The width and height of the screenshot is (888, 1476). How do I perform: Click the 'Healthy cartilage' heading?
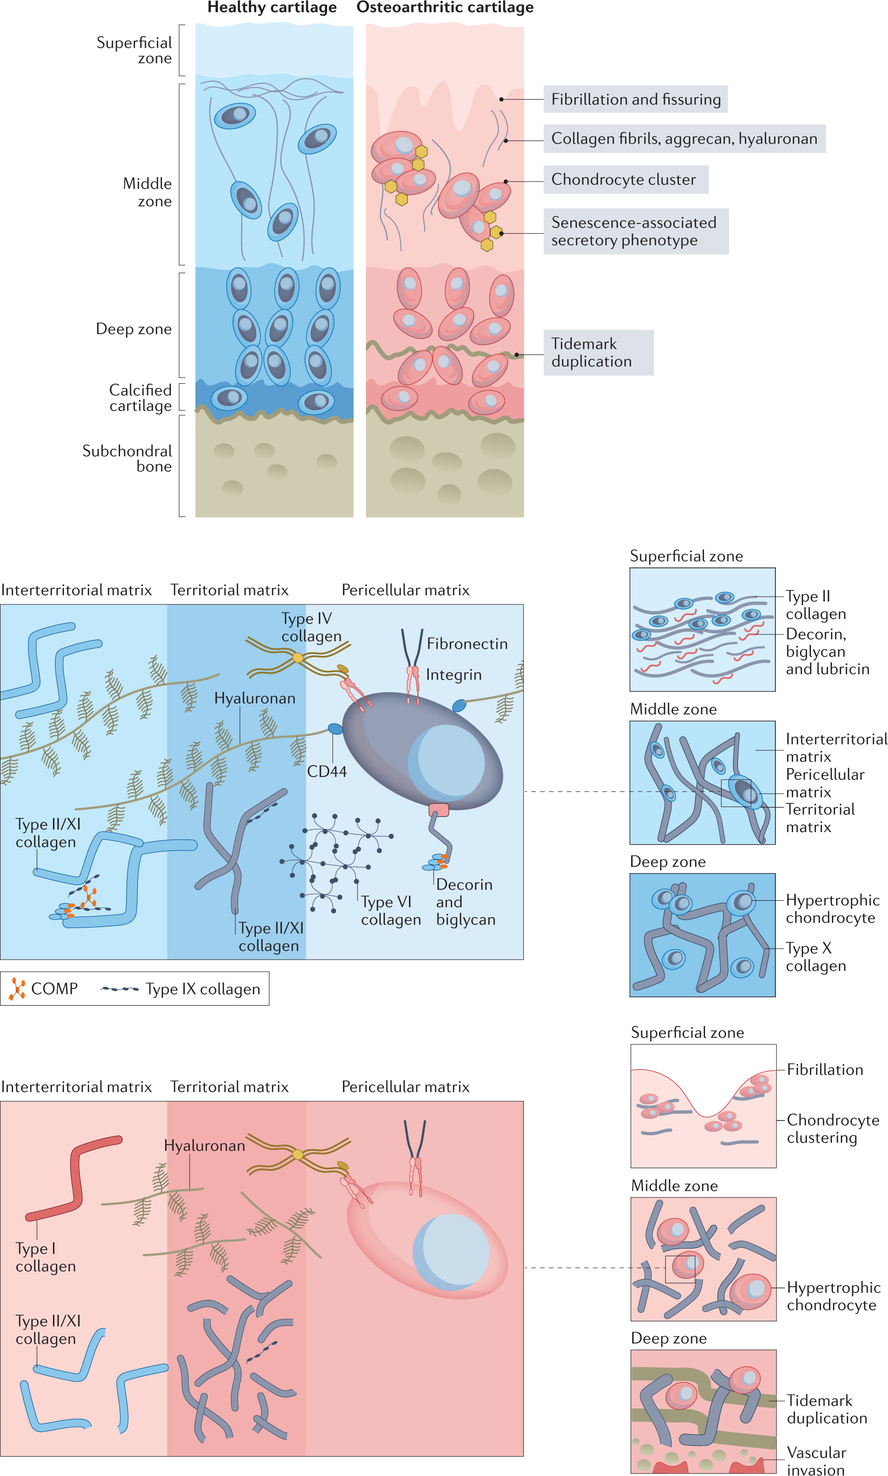272,8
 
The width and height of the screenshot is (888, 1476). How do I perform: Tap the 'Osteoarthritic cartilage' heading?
445,8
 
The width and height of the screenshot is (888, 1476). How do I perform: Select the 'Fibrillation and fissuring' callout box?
635,99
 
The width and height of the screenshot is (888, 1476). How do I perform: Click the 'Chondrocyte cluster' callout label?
625,179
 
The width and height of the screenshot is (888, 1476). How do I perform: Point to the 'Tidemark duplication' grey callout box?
598,352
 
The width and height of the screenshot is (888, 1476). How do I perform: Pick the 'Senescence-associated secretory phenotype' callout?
635,231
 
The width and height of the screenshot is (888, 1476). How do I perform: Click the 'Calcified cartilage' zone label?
140,398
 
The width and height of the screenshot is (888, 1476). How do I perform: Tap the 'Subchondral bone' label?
127,458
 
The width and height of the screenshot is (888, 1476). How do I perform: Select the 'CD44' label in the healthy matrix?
327,771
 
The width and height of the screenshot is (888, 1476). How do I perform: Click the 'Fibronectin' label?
467,644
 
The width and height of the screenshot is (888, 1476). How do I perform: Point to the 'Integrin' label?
453,675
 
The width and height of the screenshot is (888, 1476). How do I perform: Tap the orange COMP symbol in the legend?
17,989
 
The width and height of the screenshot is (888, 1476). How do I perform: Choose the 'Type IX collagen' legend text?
203,989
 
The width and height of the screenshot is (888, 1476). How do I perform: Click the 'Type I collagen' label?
46,1257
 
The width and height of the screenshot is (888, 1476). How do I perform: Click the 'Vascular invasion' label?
816,1461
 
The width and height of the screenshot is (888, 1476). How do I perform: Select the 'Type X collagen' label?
815,957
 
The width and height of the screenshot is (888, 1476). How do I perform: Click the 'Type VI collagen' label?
390,910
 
